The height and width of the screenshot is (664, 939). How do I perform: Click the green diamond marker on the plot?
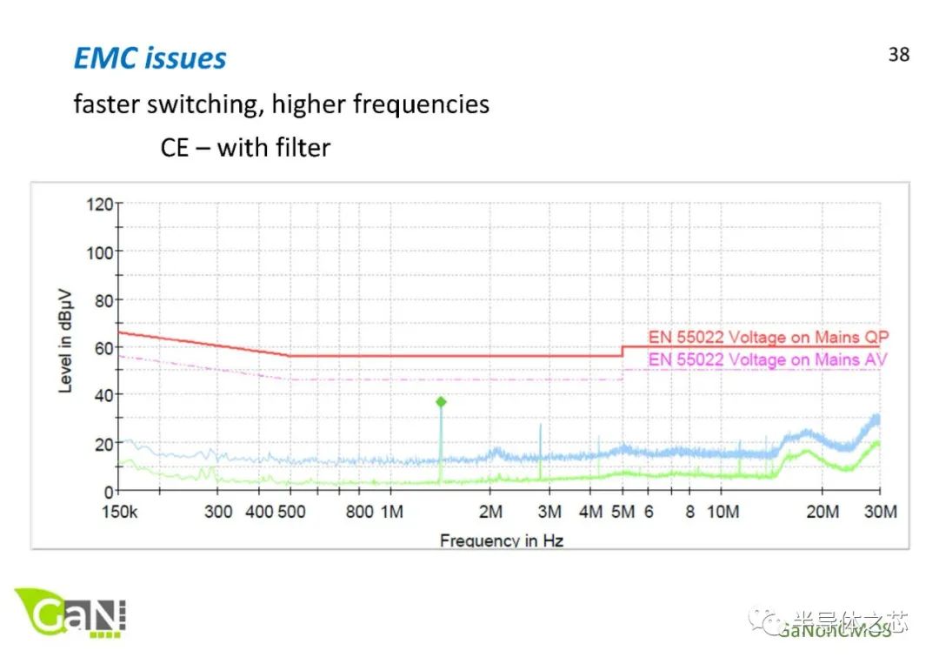coord(441,402)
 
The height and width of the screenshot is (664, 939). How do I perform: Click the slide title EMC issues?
coord(150,58)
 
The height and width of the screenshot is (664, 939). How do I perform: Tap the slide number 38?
coord(899,54)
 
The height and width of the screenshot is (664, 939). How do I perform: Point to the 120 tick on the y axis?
coord(100,205)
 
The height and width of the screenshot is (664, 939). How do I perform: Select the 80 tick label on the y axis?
coord(103,300)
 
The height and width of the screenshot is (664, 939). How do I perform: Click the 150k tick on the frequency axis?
coord(119,512)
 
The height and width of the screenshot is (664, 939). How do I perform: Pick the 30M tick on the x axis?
coord(880,512)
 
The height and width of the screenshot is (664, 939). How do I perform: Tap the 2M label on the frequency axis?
coord(491,512)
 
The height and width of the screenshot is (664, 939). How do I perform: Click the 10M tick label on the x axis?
coord(723,512)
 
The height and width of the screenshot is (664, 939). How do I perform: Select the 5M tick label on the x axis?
coord(622,512)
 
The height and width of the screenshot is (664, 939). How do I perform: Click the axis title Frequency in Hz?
coord(502,540)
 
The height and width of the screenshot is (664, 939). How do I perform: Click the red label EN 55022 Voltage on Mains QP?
coord(769,337)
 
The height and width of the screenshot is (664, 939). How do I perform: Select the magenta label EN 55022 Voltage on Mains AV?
coord(769,359)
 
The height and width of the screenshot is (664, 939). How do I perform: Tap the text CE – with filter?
coord(245,147)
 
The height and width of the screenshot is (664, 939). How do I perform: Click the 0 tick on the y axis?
coord(110,491)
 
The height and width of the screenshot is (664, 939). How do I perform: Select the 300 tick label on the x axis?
coord(218,512)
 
